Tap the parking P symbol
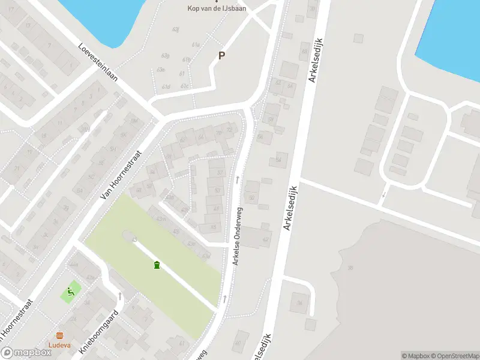221,56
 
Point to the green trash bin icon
157,265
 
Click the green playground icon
70,292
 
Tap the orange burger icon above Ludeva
59,335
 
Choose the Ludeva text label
59,345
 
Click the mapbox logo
26,353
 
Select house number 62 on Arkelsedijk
266,239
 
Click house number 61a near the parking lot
196,45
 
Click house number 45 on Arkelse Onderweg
214,227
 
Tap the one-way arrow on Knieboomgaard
119,296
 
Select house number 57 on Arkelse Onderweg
217,191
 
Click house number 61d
166,87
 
